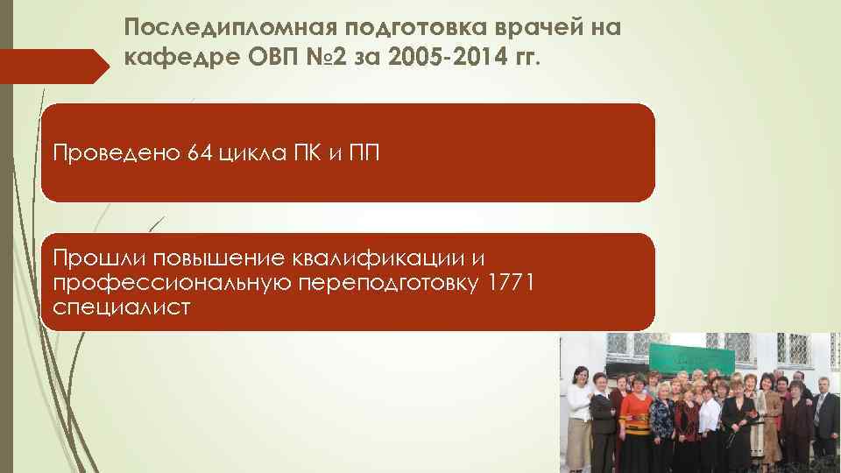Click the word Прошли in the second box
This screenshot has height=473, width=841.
(x=98, y=258)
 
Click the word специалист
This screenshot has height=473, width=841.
(x=121, y=307)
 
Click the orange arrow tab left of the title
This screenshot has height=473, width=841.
(x=48, y=65)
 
